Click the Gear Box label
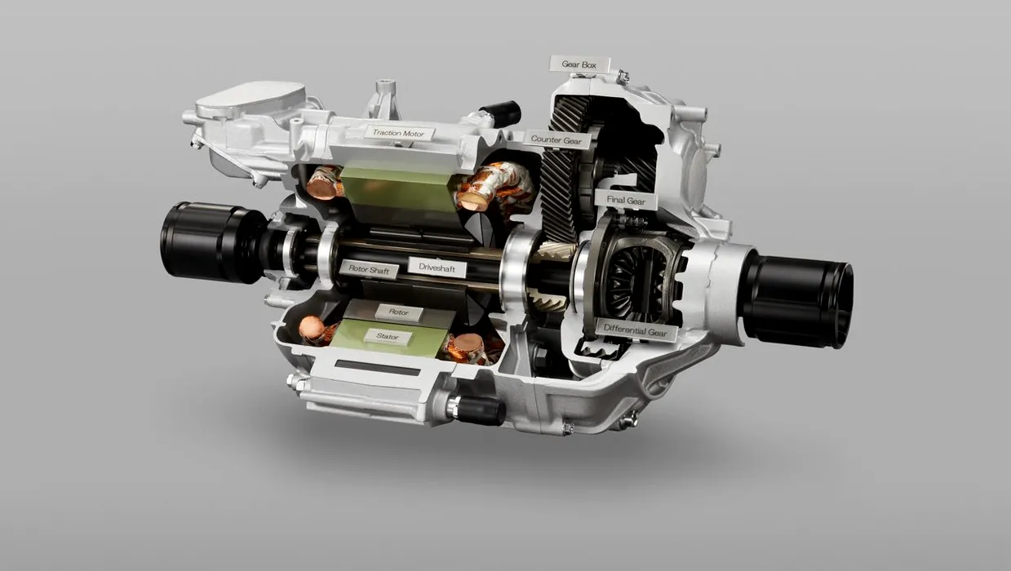[579, 64]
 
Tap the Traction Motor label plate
[399, 133]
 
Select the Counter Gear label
[556, 139]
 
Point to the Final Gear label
[626, 200]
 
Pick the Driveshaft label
[437, 268]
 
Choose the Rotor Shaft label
[369, 270]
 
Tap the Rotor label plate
[398, 312]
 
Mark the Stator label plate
[388, 336]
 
